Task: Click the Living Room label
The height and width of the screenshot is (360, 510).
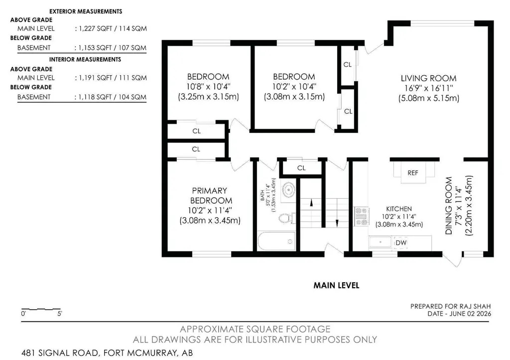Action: point(429,78)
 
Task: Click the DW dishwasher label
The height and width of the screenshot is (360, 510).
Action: point(401,242)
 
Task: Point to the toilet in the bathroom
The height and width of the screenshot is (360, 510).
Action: point(287,218)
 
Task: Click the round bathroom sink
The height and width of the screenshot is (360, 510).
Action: point(288,190)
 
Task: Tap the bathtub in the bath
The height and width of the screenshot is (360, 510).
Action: point(276,241)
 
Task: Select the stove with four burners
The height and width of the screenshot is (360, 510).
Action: point(362,217)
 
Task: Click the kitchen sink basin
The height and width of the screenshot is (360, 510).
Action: point(380,242)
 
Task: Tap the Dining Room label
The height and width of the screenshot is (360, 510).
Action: point(449,206)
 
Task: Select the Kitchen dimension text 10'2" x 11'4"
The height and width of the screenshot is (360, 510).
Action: point(399,217)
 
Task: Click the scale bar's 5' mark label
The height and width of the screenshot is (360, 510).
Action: point(60,314)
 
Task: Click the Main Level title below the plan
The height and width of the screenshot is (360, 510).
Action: point(336,285)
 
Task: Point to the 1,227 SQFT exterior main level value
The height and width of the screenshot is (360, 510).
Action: point(93,28)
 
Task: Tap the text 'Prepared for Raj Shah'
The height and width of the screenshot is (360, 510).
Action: point(450,306)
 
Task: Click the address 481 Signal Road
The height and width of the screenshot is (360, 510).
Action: point(60,353)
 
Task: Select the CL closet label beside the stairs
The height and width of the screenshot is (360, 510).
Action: point(301,168)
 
